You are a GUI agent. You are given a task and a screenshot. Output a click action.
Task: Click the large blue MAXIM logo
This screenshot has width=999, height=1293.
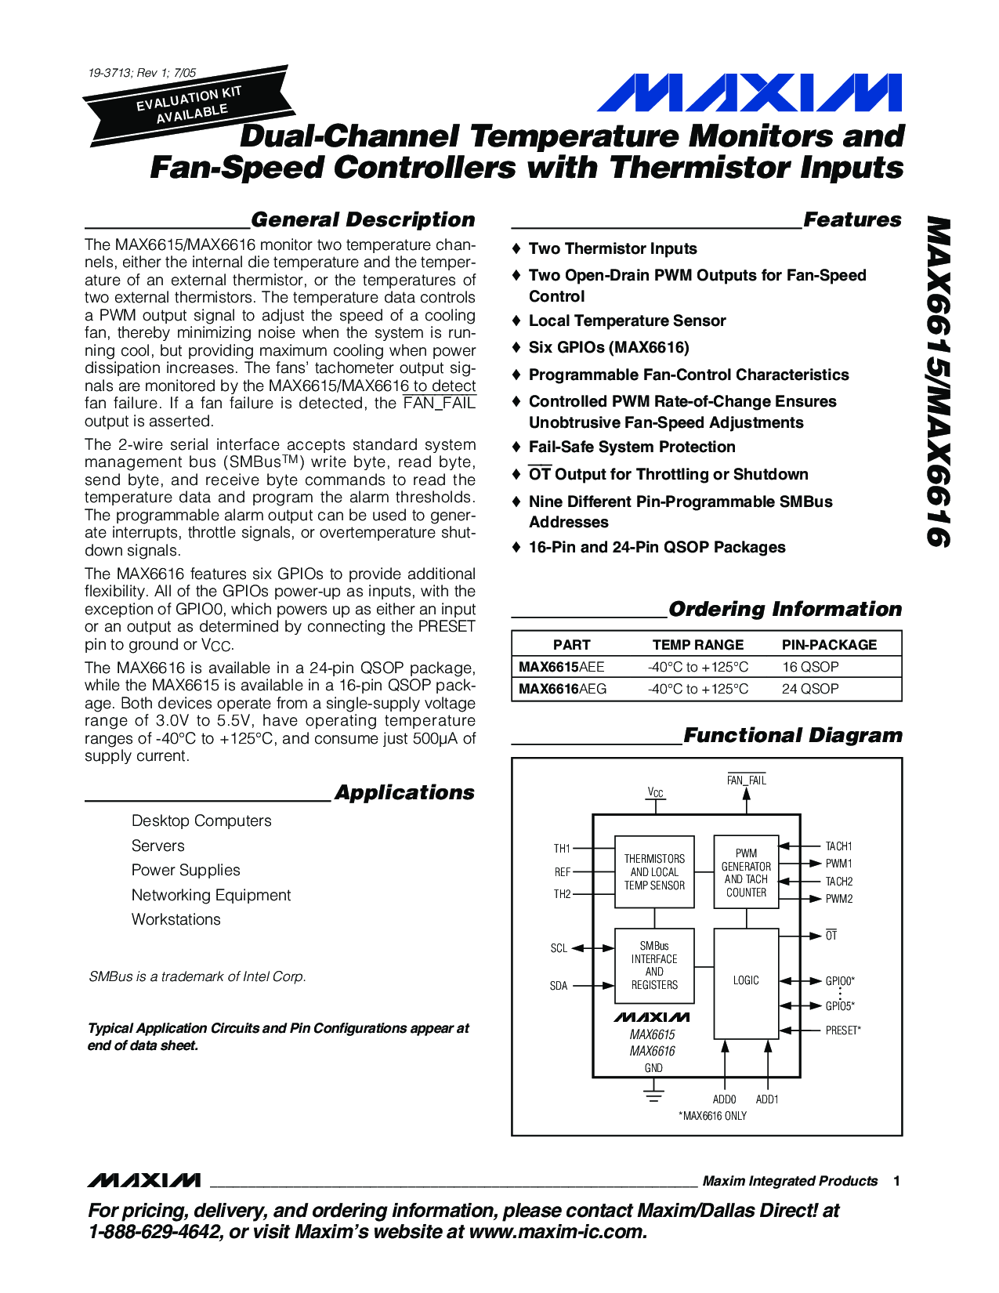tap(749, 93)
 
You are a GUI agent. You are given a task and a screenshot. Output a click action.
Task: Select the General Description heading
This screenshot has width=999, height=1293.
tap(363, 220)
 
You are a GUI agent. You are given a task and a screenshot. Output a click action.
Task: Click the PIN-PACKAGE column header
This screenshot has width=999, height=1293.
tap(829, 645)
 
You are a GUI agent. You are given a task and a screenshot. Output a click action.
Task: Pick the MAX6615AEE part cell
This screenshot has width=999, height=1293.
tap(561, 667)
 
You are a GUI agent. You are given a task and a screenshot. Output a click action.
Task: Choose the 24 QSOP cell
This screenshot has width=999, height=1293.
tap(810, 689)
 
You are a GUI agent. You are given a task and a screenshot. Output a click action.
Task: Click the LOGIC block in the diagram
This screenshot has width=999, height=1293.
tap(746, 981)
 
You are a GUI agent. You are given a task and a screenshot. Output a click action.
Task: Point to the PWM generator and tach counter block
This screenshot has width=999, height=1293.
tap(746, 872)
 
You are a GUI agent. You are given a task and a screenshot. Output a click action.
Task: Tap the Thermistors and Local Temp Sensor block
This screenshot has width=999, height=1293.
tap(654, 872)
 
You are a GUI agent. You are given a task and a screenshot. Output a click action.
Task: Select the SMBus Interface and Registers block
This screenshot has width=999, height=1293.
tap(654, 965)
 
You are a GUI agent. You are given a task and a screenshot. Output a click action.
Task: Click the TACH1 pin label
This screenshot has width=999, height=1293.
tap(838, 846)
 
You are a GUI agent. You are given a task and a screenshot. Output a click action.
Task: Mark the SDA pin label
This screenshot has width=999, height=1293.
tap(559, 986)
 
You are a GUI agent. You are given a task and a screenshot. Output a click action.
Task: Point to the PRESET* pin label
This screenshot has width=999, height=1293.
tap(842, 1030)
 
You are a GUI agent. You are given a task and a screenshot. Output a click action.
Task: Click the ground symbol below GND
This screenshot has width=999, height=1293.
tap(653, 1094)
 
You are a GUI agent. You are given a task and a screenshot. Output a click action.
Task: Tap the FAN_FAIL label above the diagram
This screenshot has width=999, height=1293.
tap(746, 781)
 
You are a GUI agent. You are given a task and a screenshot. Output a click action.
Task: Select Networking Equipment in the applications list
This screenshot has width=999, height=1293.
tap(211, 895)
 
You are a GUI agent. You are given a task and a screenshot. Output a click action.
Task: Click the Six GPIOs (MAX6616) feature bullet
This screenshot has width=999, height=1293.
tap(609, 347)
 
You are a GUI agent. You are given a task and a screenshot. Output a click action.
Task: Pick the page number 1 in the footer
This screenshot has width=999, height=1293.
tap(896, 1181)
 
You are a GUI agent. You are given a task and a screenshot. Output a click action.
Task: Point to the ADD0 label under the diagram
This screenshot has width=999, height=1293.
tap(724, 1099)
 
